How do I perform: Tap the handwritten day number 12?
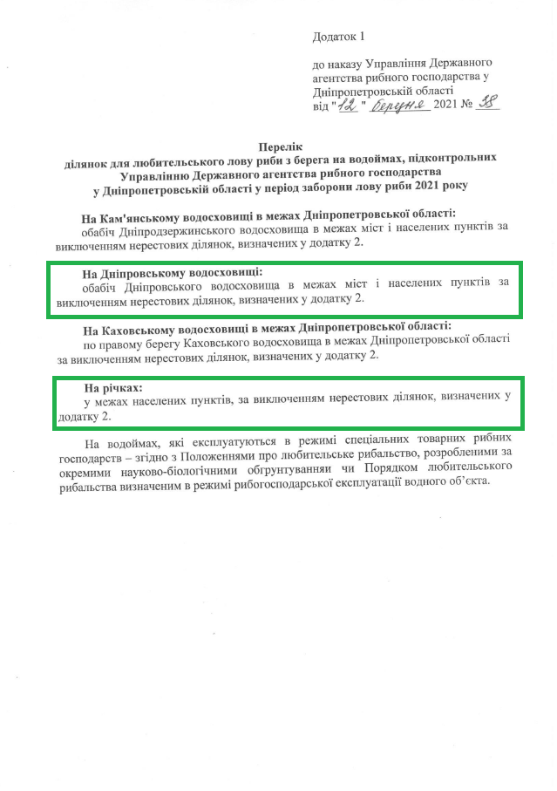point(349,105)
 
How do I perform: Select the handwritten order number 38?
point(490,104)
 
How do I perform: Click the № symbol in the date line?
point(466,105)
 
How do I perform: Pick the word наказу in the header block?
point(343,65)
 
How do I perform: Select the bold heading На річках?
point(112,385)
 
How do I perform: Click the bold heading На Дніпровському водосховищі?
point(172,272)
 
